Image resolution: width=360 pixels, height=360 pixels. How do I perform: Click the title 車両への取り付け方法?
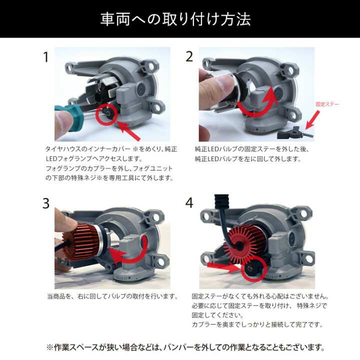click(x=180, y=19)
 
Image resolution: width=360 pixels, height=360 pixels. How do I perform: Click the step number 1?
click(x=45, y=57)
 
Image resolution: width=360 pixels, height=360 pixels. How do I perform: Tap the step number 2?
click(x=189, y=56)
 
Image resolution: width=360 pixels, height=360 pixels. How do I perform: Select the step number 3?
click(x=45, y=203)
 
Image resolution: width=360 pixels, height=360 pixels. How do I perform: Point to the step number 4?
click(x=189, y=203)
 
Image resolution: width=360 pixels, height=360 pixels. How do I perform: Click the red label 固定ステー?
click(x=327, y=104)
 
